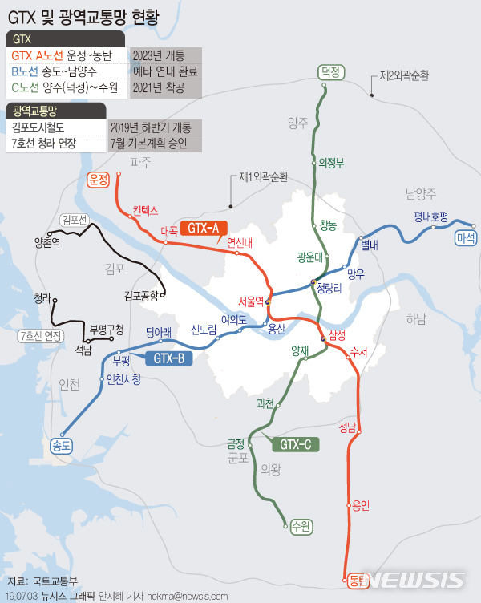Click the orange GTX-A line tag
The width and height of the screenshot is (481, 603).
(x=203, y=228)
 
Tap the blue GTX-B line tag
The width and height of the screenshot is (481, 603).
(x=168, y=358)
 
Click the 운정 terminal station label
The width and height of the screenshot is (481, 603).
(x=99, y=180)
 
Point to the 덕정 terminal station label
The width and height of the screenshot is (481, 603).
(x=331, y=71)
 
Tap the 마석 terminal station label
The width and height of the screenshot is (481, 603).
(x=465, y=237)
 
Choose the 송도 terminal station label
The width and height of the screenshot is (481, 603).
(x=62, y=443)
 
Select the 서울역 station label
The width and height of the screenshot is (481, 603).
(x=251, y=301)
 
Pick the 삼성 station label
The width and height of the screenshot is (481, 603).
(x=337, y=334)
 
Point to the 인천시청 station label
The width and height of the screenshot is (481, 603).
(x=123, y=378)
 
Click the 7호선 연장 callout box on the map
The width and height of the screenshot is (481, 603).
(x=40, y=335)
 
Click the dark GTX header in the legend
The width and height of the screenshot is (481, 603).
(x=64, y=38)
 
